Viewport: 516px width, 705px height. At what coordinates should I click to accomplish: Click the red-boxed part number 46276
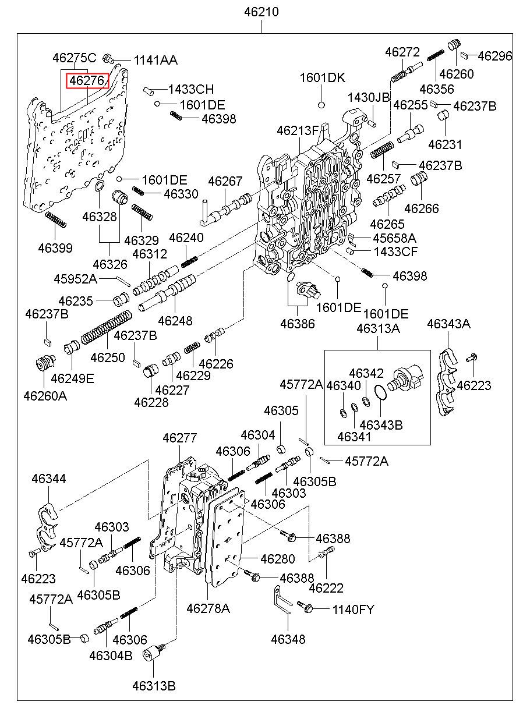point(87,80)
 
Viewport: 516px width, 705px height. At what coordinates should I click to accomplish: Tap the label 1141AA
point(155,60)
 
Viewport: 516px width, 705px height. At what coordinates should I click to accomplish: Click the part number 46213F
point(298,130)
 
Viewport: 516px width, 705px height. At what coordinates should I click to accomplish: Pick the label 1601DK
point(323,78)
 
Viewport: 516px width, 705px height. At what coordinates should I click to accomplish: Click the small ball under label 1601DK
point(320,105)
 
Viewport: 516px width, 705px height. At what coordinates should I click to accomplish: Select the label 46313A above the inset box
point(378,329)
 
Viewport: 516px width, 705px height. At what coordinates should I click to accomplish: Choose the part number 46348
point(288,639)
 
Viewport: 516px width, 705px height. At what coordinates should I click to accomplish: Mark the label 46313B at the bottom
point(153,685)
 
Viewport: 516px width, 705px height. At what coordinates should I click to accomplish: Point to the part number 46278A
point(208,608)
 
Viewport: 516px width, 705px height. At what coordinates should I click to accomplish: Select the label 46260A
point(45,395)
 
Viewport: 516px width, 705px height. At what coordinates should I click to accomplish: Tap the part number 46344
point(49,479)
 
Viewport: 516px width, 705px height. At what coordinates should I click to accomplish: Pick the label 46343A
point(448,324)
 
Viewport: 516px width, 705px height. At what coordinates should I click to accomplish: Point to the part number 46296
point(495,56)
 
